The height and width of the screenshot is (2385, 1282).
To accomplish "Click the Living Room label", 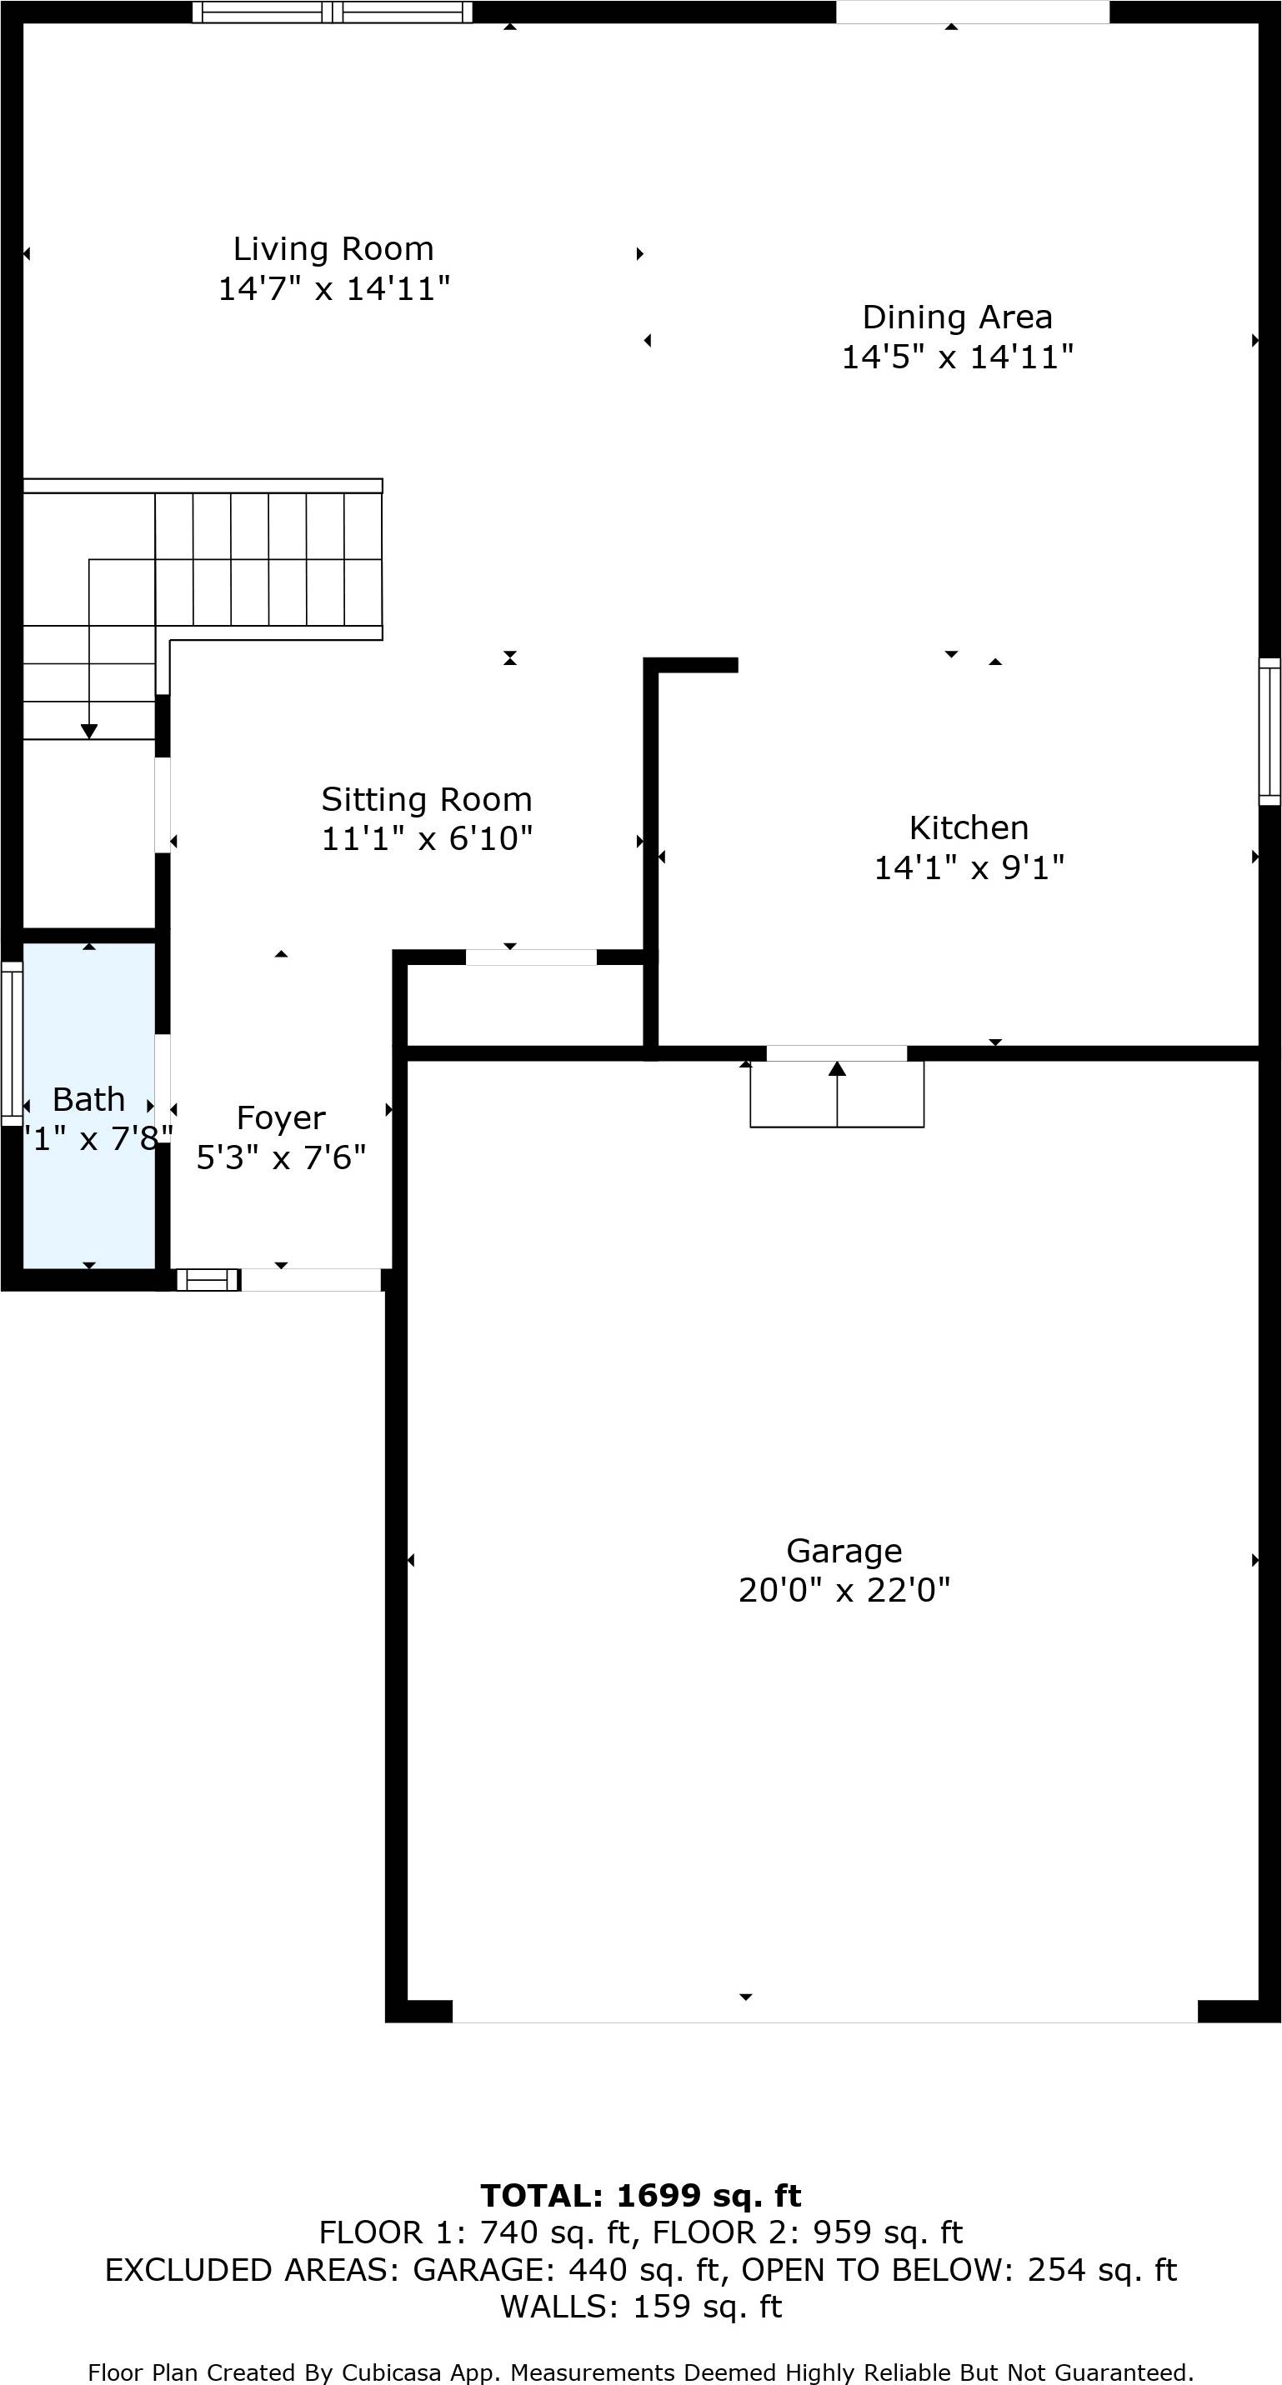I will (333, 249).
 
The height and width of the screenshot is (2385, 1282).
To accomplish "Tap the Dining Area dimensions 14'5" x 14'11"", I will (956, 357).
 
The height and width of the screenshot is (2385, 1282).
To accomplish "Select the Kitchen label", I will (968, 827).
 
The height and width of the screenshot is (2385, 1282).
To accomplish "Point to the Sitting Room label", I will (426, 799).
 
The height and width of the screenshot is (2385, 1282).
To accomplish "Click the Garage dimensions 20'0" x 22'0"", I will (844, 1591).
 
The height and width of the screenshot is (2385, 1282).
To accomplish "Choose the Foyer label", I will (281, 1118).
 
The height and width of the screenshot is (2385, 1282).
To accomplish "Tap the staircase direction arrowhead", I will (89, 732).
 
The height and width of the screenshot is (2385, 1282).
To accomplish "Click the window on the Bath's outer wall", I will (11, 1043).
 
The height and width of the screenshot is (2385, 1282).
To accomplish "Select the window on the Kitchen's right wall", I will (1269, 732).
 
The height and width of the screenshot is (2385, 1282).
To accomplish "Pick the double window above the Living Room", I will (332, 12).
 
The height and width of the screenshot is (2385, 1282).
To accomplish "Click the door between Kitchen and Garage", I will (836, 1052).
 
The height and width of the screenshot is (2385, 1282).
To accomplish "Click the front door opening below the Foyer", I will (310, 1279).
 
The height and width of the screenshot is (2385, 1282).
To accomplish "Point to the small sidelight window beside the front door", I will (208, 1279).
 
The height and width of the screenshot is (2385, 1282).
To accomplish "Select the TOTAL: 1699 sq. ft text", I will (641, 2195).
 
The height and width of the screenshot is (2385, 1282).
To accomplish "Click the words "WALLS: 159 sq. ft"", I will (641, 2307).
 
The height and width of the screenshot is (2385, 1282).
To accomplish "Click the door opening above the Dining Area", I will (973, 12).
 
